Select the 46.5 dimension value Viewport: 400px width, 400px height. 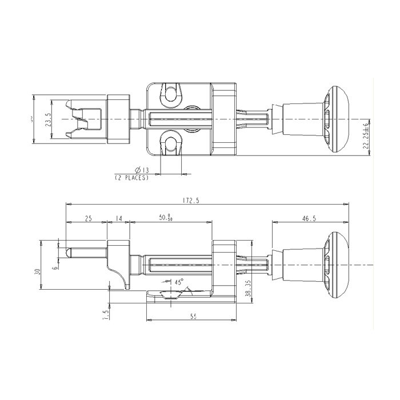(310, 218)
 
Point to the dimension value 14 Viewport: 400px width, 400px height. (119, 218)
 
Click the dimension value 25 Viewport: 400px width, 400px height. (89, 218)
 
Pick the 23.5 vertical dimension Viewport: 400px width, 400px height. (49, 122)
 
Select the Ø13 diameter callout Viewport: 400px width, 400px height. (142, 170)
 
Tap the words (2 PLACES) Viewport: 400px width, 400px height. (132, 178)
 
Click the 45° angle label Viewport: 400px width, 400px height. (178, 282)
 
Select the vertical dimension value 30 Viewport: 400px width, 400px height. (37, 272)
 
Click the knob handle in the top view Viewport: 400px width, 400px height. (337, 119)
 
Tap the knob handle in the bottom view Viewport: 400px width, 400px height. (337, 264)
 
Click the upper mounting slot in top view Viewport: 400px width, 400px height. (171, 94)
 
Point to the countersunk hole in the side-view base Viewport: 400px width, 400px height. (170, 294)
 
